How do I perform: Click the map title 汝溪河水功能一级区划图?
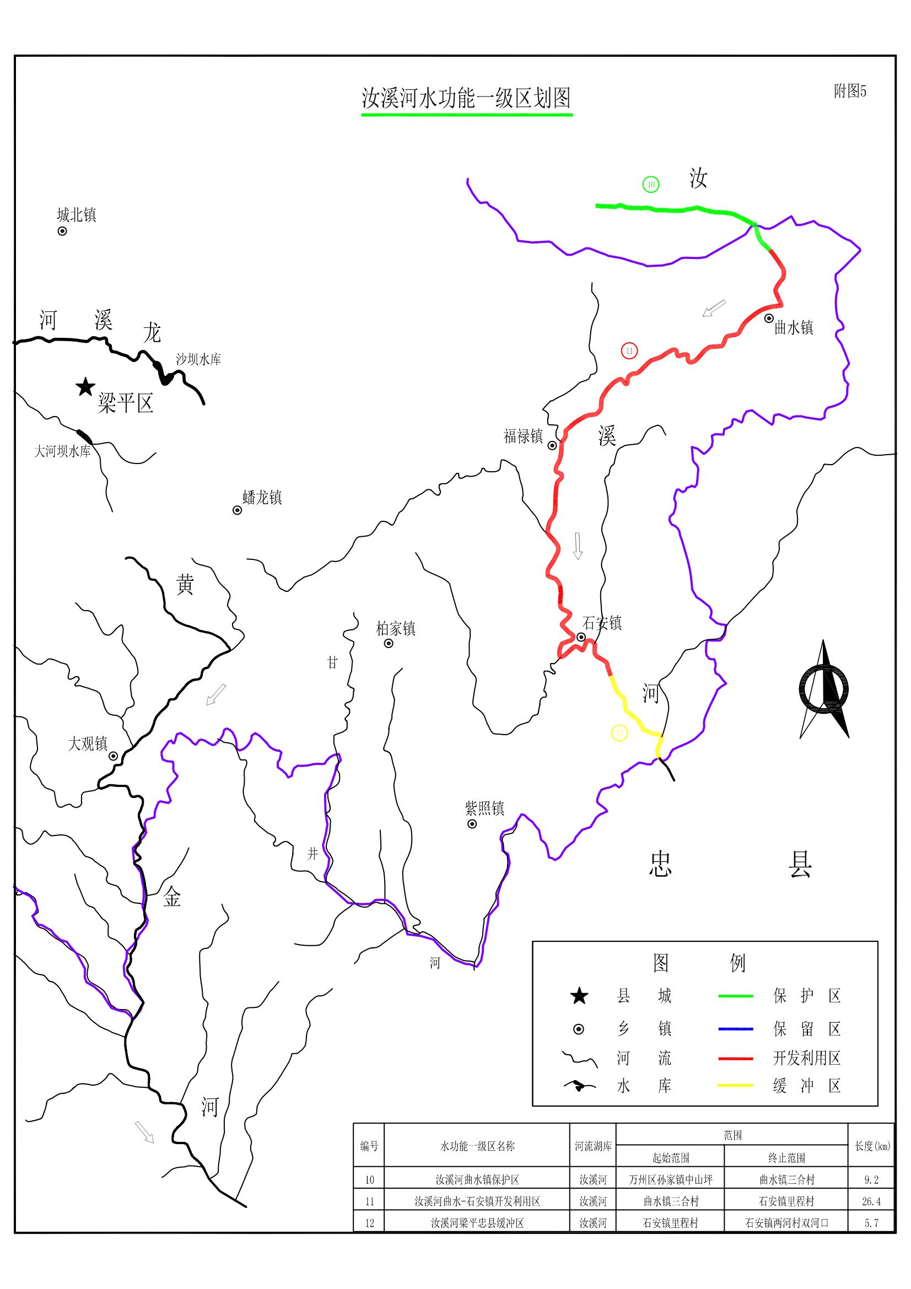point(466,98)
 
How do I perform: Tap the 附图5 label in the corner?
point(850,91)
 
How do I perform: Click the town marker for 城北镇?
point(62,231)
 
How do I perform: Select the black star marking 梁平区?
point(85,387)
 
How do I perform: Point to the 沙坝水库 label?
point(198,359)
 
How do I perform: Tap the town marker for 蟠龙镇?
point(238,510)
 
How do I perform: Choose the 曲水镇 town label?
point(794,327)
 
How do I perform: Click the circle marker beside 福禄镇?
point(552,445)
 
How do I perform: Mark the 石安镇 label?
point(602,623)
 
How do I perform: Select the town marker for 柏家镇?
point(389,643)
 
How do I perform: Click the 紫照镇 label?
point(484,808)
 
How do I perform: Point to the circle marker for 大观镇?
point(114,756)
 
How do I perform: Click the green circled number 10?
point(650,184)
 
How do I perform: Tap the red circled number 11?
point(629,351)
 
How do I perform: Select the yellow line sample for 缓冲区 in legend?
point(735,1086)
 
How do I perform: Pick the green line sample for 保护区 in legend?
point(735,996)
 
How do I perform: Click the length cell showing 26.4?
point(872,1201)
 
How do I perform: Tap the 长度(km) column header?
point(872,1146)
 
